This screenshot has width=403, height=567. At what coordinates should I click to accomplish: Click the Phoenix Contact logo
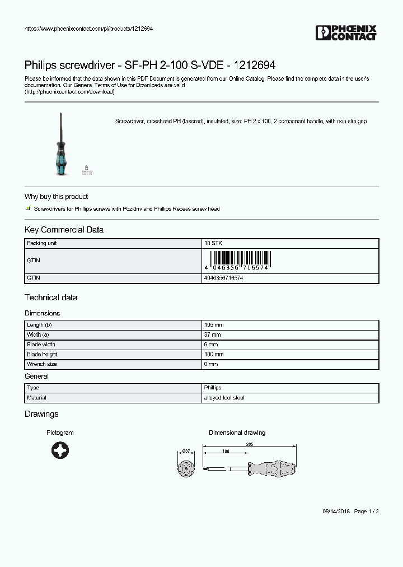tap(346, 33)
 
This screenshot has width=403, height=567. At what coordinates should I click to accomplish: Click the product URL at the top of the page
tap(89, 29)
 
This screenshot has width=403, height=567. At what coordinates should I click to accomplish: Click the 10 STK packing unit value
tap(213, 244)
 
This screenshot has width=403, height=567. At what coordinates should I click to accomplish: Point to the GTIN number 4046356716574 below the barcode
tap(223, 278)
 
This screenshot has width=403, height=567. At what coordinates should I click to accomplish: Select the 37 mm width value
tap(213, 335)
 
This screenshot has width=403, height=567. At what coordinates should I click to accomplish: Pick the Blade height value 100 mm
tap(214, 355)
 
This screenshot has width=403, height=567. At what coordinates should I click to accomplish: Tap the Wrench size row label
tap(42, 364)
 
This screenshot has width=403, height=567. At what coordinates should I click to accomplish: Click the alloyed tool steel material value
tap(224, 398)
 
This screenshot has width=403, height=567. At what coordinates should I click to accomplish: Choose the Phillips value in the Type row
tap(213, 388)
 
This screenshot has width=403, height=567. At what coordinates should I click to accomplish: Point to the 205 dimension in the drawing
tap(249, 444)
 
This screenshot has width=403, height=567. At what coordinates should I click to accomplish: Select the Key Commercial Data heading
tap(64, 230)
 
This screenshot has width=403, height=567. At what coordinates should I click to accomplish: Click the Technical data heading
tap(51, 298)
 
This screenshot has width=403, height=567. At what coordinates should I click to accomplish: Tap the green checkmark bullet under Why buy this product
tap(28, 208)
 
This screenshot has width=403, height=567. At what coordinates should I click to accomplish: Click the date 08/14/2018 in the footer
tap(336, 512)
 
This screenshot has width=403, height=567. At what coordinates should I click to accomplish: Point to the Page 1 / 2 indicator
tap(367, 512)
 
